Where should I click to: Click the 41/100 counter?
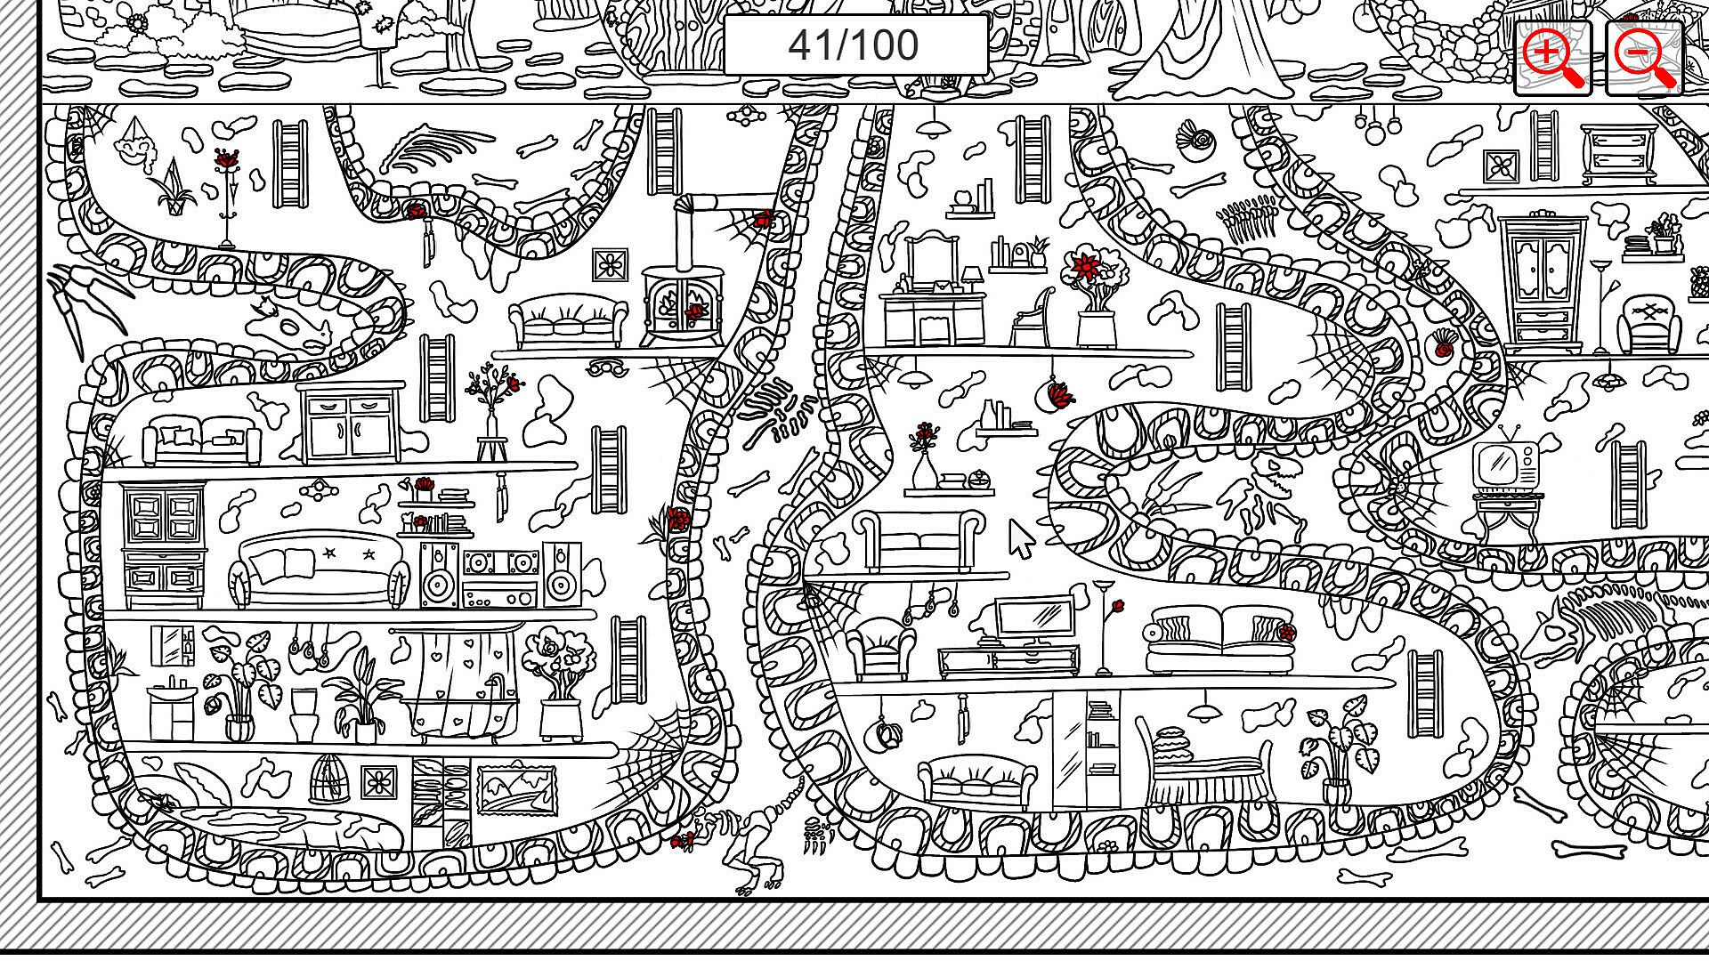coord(854,44)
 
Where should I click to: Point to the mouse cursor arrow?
coord(1020,537)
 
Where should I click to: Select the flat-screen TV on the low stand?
coord(1033,618)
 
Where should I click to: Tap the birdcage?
coord(330,778)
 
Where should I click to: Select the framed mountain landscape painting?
coord(516,788)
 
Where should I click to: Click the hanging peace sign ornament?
coord(886,734)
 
